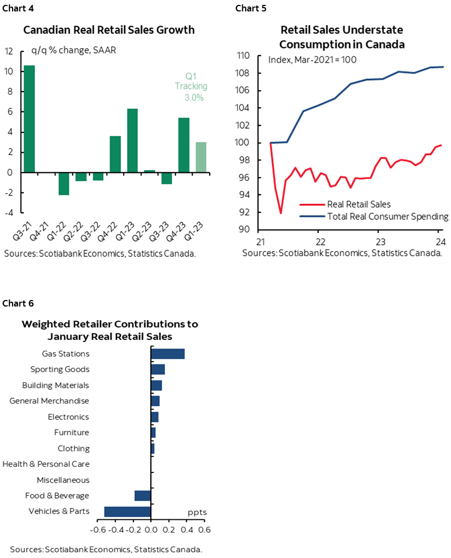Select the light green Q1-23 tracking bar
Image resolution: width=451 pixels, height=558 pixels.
(x=201, y=157)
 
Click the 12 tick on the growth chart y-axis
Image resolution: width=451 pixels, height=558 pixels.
(x=9, y=52)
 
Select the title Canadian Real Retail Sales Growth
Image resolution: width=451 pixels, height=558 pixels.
(x=108, y=30)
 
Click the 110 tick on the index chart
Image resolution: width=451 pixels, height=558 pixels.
(x=243, y=56)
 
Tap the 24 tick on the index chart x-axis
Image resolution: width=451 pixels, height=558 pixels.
(x=438, y=241)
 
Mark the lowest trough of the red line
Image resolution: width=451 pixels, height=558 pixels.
(x=281, y=213)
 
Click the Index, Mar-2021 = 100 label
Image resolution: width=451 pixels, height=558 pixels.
(x=312, y=59)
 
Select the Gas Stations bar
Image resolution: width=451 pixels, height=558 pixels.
(x=168, y=354)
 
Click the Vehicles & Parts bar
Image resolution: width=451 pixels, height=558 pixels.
(x=127, y=512)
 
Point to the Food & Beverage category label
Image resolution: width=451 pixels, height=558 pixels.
(x=57, y=496)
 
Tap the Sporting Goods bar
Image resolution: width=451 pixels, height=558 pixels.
(x=157, y=370)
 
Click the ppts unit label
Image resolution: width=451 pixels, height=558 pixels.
(x=197, y=512)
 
